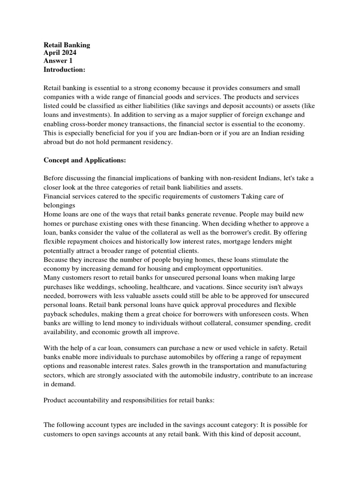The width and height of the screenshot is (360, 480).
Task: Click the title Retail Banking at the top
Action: click(x=67, y=45)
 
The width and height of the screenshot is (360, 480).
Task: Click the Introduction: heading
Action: click(x=64, y=69)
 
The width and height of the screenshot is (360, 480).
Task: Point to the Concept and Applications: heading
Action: click(x=84, y=160)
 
